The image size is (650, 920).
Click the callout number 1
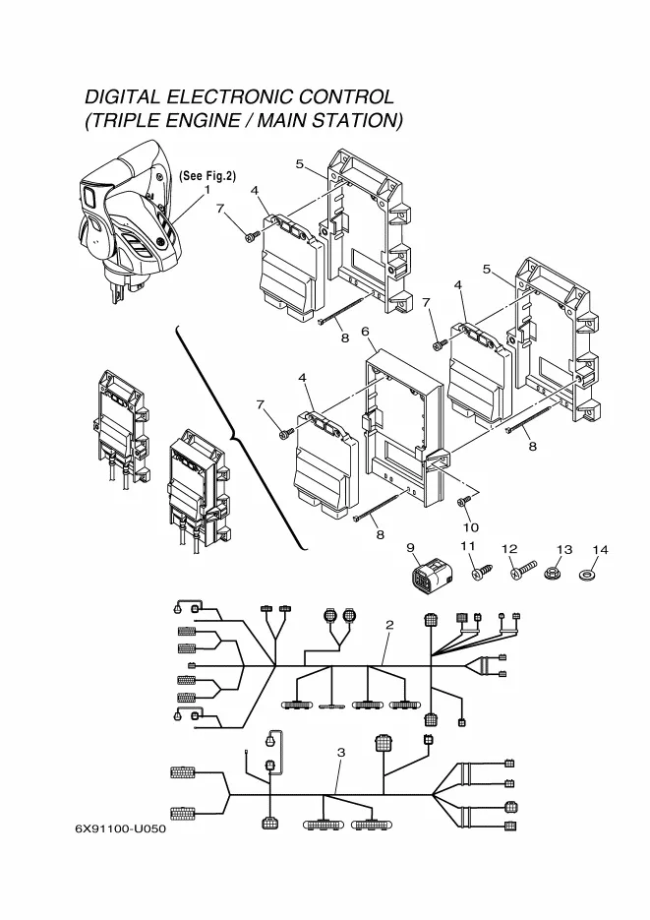(x=207, y=190)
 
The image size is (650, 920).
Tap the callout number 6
(x=365, y=332)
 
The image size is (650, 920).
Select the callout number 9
(x=410, y=547)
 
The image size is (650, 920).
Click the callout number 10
(x=471, y=526)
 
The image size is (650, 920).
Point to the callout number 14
(x=600, y=550)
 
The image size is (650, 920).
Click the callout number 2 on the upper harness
(x=389, y=625)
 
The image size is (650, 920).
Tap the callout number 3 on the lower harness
(x=341, y=752)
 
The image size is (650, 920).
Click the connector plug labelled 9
(x=430, y=573)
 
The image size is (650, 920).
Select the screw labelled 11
(x=482, y=572)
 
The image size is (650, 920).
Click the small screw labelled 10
(x=464, y=500)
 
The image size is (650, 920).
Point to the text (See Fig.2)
(x=207, y=175)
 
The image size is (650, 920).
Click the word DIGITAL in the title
(x=123, y=96)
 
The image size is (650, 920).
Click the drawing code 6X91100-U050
(x=121, y=828)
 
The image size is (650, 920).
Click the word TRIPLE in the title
(x=123, y=120)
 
